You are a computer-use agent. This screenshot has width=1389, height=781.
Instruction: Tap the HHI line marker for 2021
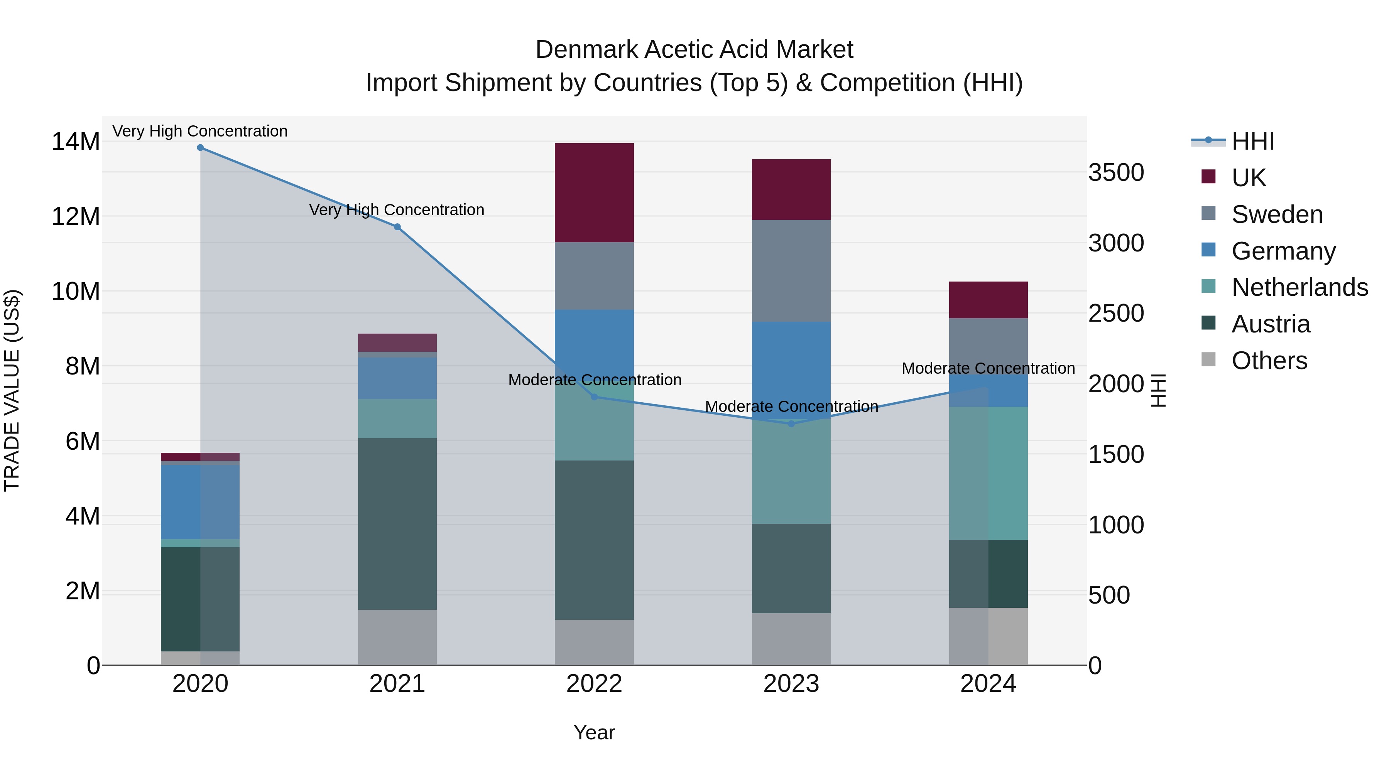[397, 227]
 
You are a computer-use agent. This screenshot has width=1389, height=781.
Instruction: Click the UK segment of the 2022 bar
[594, 192]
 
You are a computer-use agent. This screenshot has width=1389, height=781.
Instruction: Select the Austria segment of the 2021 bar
[397, 523]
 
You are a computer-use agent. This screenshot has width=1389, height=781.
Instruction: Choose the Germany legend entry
[1283, 251]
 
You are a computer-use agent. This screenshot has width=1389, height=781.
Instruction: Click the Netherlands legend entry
[1299, 287]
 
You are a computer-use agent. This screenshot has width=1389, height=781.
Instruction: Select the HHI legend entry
[1252, 141]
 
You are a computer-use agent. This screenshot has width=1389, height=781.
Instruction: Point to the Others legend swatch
[1208, 359]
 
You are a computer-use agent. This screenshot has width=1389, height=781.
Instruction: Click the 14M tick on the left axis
[76, 142]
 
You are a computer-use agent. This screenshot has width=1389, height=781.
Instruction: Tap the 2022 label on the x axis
[594, 684]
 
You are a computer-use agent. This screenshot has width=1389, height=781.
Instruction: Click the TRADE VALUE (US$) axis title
[12, 390]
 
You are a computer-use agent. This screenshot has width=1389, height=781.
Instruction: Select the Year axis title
[594, 732]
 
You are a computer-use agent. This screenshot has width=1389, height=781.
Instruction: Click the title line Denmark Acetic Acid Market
[694, 50]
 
